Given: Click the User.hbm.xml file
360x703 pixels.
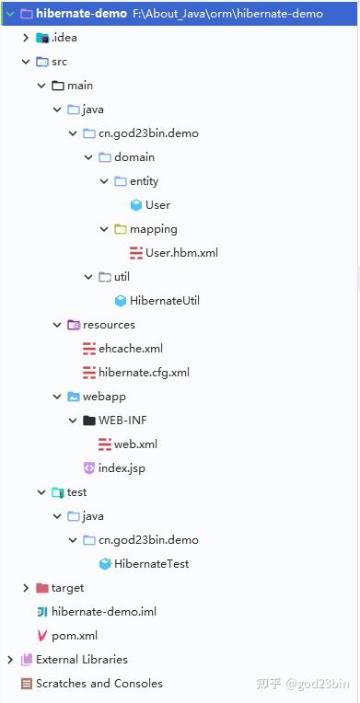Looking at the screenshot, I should [181, 252].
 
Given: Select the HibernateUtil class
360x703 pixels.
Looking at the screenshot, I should [164, 300].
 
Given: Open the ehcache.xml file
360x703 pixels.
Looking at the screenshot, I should [130, 348].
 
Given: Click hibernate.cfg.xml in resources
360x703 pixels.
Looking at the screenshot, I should [144, 372].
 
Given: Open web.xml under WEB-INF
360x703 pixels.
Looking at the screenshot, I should [135, 444].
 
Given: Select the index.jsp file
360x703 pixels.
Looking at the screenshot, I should [122, 467].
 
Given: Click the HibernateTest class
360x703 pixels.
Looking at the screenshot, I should [151, 563].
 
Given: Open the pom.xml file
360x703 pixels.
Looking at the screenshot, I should [74, 635].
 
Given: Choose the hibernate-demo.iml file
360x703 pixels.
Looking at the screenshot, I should [97, 611].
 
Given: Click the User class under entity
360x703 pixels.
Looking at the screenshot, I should [157, 204].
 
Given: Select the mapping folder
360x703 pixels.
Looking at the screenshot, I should [153, 228].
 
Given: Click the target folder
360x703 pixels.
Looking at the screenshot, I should [67, 587].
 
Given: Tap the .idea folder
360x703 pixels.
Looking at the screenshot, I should [59, 38].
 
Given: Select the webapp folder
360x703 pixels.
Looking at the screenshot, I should [103, 396].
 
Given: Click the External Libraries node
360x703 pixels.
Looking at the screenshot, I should [81, 659].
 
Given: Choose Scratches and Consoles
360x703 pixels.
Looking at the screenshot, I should [99, 683].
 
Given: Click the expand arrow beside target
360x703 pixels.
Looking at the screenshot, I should [25, 587].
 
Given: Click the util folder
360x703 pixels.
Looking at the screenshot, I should [122, 276].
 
